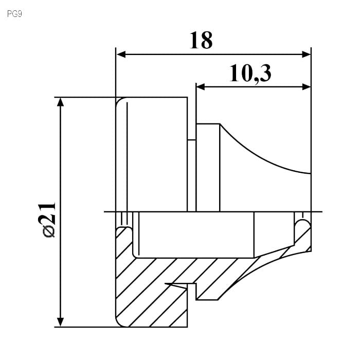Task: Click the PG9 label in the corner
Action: (14, 14)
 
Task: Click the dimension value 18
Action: (201, 40)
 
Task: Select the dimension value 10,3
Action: (250, 74)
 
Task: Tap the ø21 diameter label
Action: (47, 219)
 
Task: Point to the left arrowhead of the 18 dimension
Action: (121, 55)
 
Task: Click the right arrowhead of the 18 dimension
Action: (307, 55)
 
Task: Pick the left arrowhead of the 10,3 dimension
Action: (201, 87)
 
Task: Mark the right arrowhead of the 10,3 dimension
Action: (307, 87)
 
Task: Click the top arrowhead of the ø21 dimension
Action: (60, 102)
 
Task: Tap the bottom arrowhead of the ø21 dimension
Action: (60, 322)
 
